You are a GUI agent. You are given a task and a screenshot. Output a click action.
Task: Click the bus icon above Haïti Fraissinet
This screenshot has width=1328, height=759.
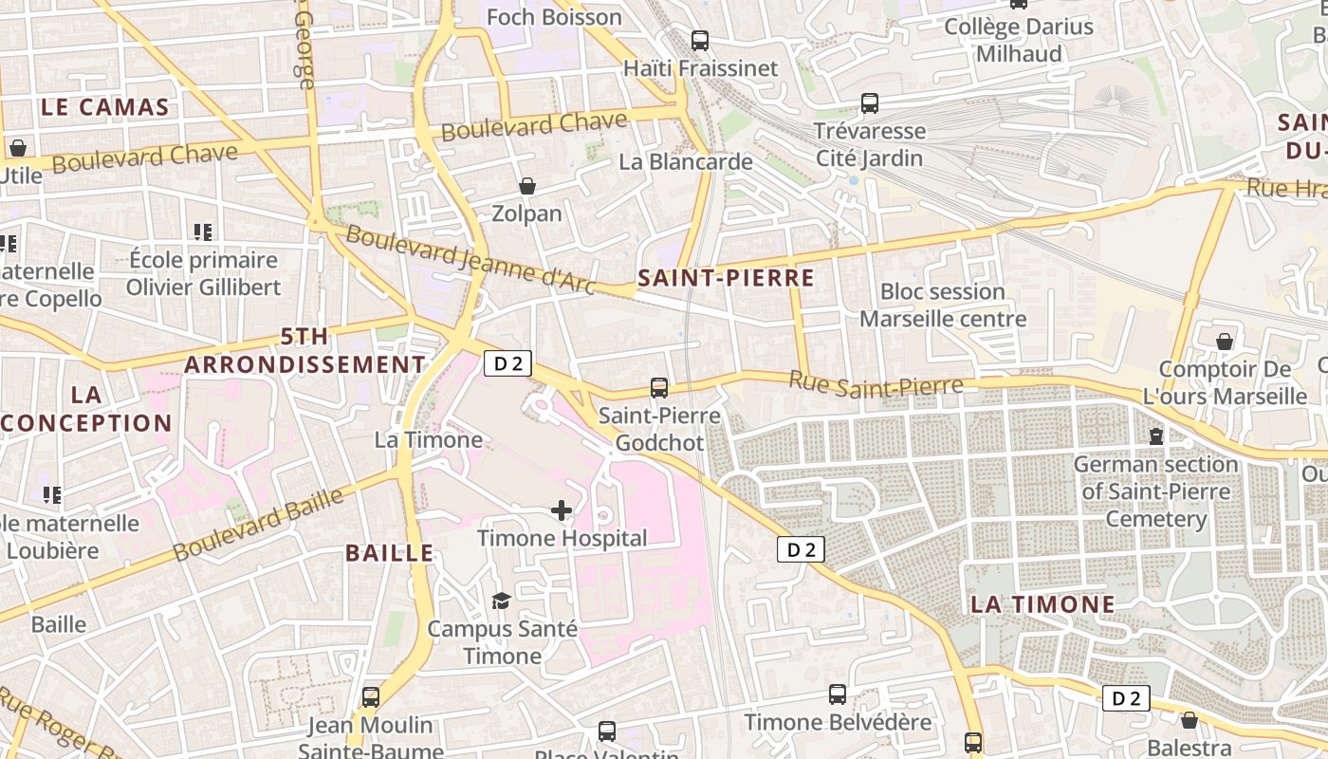point(700,41)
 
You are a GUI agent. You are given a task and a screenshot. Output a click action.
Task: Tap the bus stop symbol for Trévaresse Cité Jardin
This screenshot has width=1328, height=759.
point(870,103)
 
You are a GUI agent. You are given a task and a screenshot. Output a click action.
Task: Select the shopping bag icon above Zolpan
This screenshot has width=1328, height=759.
point(527,186)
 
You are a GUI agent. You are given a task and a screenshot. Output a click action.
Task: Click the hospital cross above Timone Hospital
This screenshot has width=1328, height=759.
point(562,511)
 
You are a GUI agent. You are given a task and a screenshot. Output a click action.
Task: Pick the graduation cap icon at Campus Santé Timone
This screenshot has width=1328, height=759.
point(501,601)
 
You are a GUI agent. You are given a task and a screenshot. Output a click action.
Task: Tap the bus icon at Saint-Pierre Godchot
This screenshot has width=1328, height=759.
point(659,388)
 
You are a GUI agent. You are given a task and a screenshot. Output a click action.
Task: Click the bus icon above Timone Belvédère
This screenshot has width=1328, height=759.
point(838,694)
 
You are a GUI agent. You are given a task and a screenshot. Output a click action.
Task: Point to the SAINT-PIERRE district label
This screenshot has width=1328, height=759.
point(727,278)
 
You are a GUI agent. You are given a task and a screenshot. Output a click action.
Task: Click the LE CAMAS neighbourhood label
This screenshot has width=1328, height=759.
point(104,107)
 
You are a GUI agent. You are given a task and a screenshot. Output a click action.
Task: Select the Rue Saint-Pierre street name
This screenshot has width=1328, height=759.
point(876,383)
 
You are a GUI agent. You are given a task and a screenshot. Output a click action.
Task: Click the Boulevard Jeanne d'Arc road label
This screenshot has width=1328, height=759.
point(470,258)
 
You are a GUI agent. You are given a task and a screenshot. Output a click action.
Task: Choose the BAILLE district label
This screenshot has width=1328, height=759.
point(389,553)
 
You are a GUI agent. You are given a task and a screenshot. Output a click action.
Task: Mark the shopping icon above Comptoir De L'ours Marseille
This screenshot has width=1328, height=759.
point(1226,342)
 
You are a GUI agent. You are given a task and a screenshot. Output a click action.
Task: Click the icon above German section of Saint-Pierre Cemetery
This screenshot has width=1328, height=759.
point(1156,436)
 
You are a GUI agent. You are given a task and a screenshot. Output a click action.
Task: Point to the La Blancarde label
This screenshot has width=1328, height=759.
point(686,162)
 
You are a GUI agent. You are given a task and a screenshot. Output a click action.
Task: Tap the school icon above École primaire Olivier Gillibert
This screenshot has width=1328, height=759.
point(203,231)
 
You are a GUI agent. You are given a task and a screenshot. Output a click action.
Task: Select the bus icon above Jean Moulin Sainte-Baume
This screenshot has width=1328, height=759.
point(371,697)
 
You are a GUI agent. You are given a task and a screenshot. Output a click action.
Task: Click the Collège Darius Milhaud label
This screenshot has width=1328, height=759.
point(1019,40)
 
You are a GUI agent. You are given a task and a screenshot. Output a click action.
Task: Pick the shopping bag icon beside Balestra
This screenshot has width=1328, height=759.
point(1190,720)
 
